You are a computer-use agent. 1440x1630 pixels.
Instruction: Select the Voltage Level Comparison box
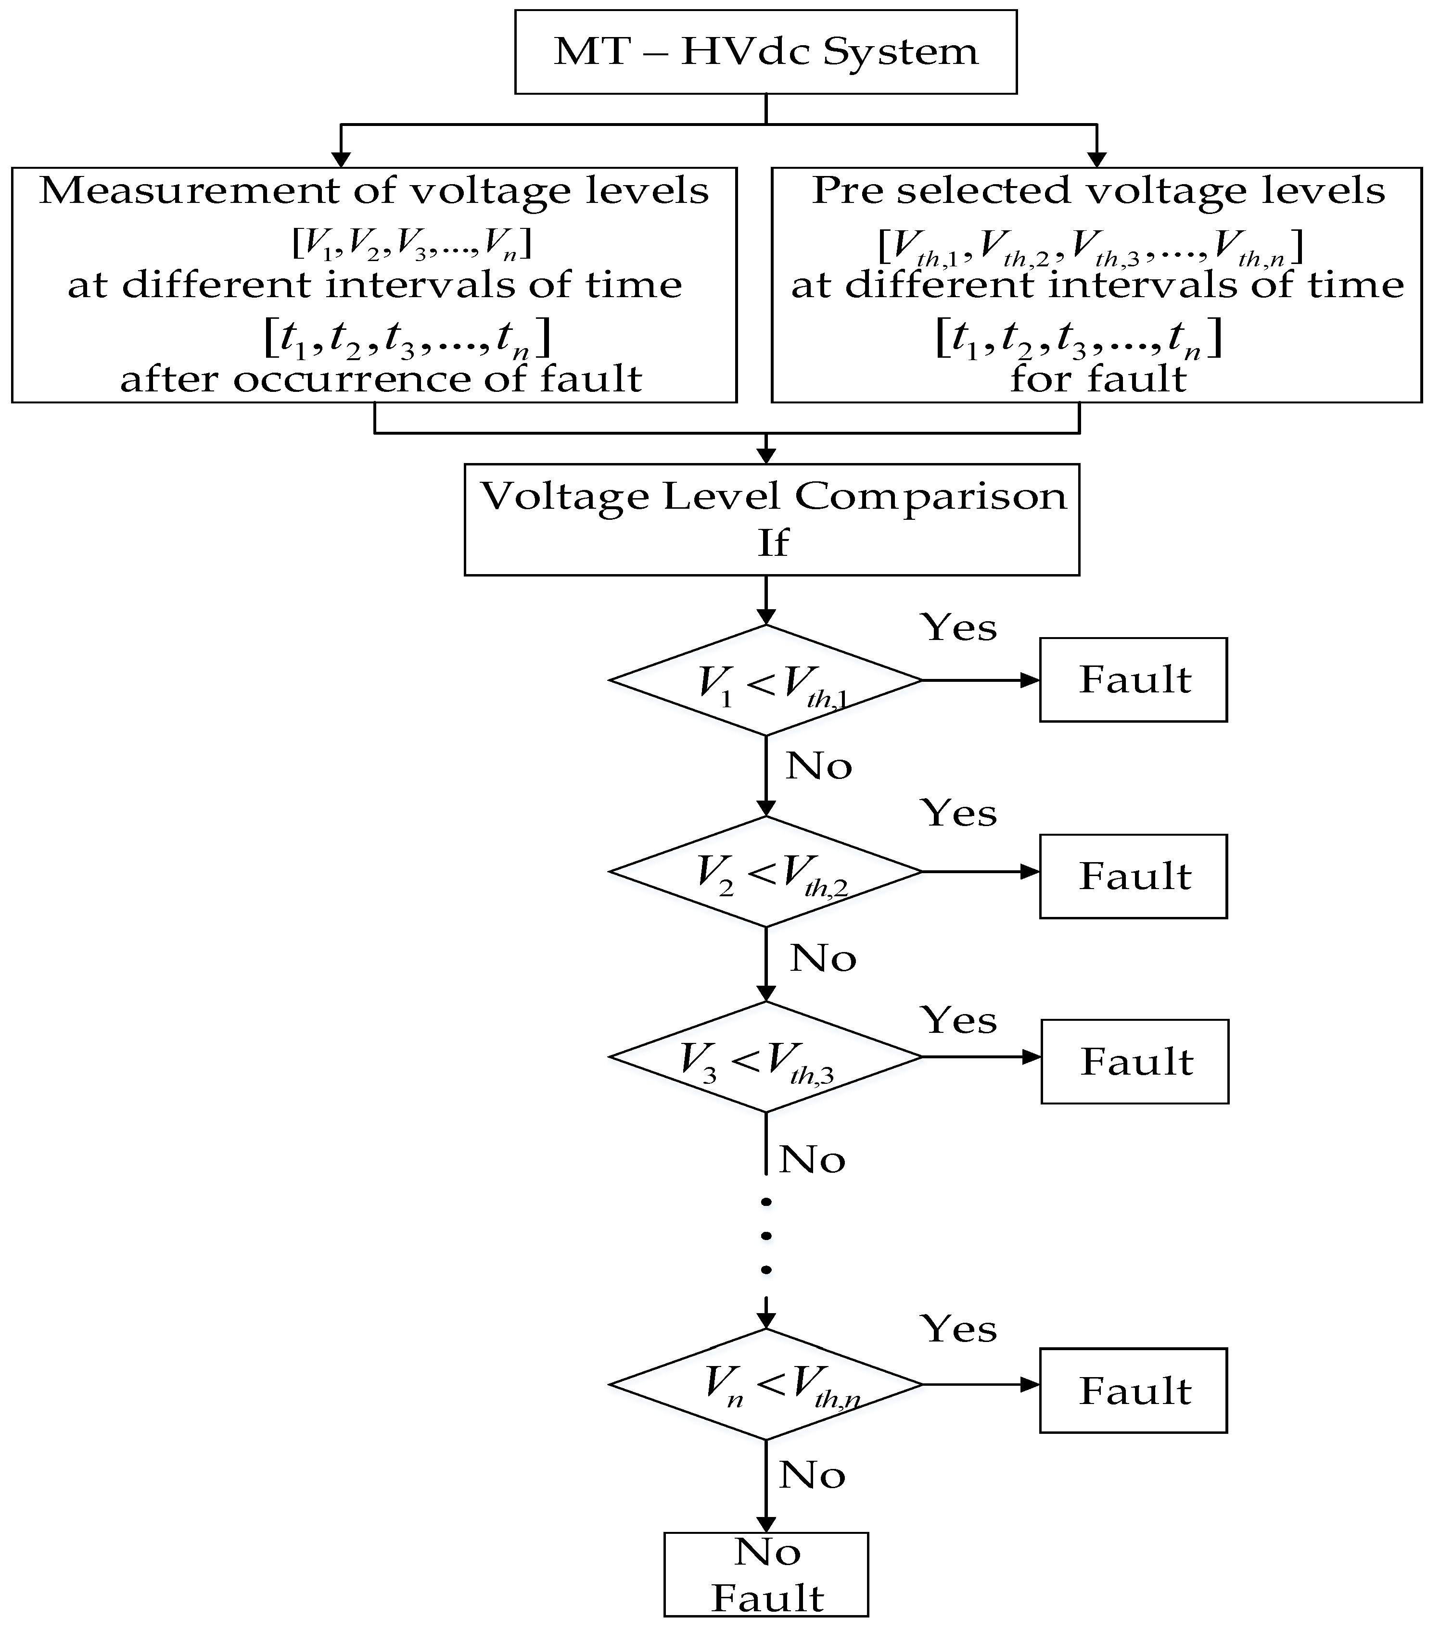click(771, 519)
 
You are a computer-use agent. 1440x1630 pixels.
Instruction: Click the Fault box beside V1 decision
click(1133, 680)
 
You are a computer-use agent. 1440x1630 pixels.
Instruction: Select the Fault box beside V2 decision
click(1133, 877)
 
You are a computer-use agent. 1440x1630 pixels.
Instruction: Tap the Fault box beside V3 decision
click(1134, 1061)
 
